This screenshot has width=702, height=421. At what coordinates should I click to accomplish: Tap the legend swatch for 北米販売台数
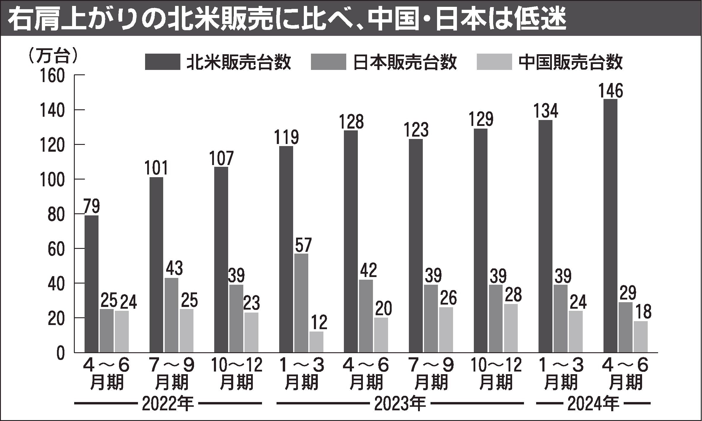162,62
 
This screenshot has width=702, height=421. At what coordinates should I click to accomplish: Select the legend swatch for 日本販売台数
328,62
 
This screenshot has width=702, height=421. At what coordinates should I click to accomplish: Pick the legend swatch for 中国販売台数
494,62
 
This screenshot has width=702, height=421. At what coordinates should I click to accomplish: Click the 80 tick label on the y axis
56,214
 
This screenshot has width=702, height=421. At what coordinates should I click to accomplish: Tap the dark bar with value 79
92,284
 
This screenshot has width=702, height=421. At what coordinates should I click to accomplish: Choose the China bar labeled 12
317,342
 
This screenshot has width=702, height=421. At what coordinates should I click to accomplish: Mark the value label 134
546,111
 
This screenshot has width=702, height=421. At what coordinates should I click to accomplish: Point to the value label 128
351,121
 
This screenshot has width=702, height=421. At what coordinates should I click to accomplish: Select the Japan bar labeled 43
172,315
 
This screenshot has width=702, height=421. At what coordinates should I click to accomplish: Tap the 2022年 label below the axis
168,404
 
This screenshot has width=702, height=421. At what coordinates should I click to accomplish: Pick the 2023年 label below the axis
400,404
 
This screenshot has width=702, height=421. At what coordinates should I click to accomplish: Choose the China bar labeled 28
511,328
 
